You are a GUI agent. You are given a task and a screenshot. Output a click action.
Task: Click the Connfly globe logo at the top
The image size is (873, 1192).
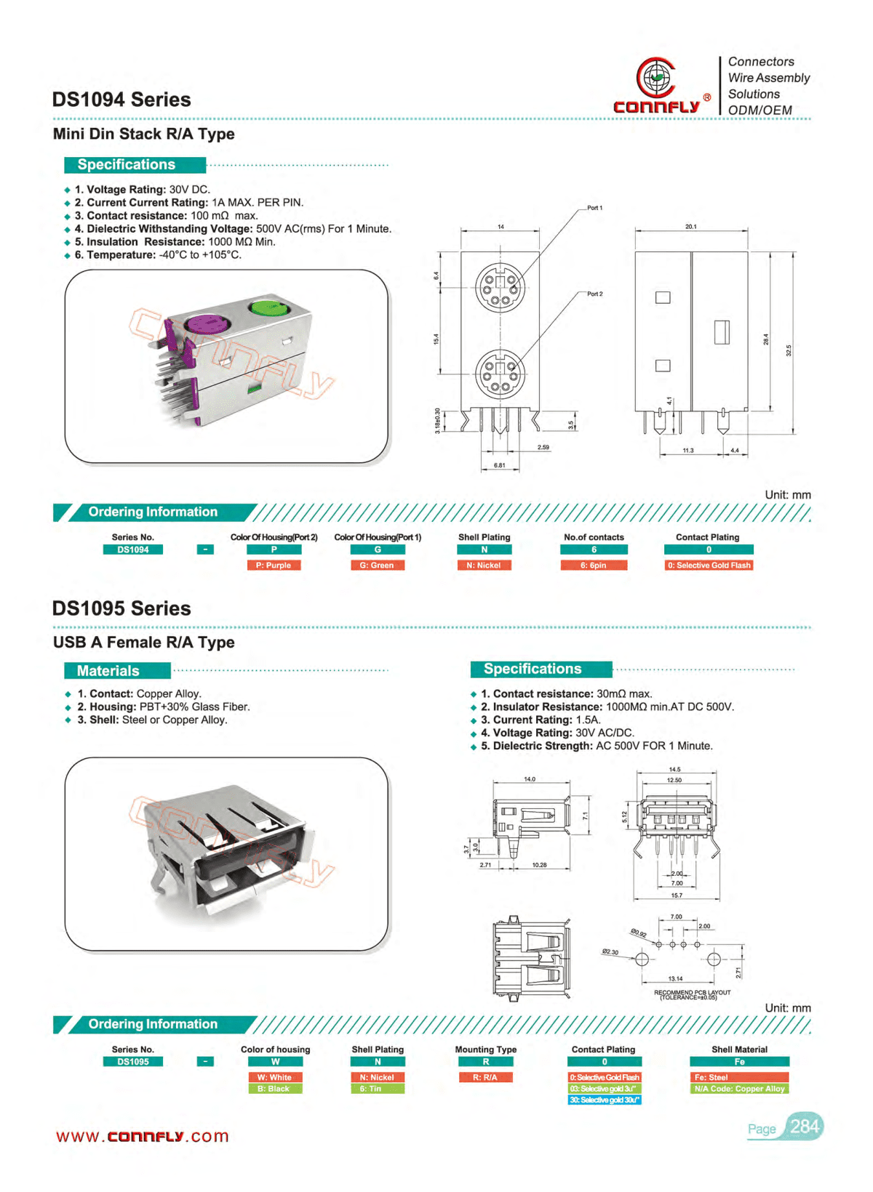(656, 77)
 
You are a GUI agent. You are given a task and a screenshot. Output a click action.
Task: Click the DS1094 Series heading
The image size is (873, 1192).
(121, 100)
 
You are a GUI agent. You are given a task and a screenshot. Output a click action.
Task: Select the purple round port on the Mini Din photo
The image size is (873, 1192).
(206, 322)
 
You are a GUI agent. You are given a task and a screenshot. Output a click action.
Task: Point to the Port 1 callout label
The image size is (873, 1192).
(594, 208)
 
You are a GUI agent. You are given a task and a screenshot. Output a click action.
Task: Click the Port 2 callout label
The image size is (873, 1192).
(594, 294)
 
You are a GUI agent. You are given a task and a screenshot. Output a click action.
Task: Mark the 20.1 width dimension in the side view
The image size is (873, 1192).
(690, 227)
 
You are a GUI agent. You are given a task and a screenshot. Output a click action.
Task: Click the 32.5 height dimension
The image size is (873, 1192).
(789, 350)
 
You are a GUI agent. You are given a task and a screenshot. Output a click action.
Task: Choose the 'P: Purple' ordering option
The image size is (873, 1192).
(274, 565)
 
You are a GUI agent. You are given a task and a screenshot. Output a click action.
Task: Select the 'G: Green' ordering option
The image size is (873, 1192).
(377, 565)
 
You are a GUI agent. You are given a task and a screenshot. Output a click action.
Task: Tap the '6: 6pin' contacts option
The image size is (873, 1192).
(594, 565)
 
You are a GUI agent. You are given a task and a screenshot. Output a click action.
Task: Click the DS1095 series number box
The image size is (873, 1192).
(133, 1062)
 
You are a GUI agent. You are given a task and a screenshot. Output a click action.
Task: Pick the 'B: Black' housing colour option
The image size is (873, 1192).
(274, 1089)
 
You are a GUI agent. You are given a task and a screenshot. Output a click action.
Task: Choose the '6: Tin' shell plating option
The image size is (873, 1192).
(377, 1089)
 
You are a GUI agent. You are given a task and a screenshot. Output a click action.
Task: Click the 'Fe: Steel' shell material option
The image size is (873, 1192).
(739, 1077)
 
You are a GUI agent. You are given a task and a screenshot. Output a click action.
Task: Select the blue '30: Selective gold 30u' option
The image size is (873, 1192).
(604, 1100)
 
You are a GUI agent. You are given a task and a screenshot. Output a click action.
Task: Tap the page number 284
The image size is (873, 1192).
(805, 1127)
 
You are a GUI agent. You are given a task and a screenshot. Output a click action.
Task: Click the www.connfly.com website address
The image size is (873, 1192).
(143, 1137)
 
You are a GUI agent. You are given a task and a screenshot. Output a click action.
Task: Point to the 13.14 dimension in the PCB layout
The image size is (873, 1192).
(675, 979)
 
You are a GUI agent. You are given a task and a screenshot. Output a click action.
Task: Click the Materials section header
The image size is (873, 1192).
(108, 671)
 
